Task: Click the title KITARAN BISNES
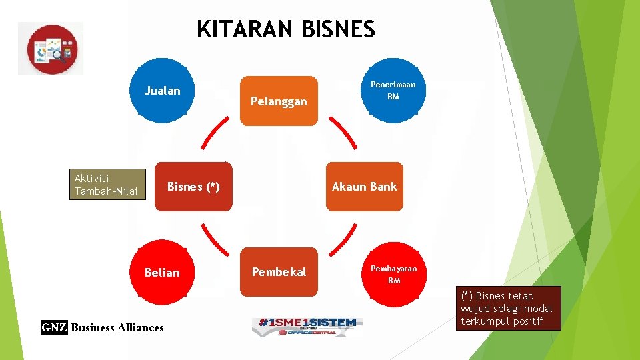click(286, 29)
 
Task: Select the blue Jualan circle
click(162, 91)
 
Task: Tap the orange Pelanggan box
click(279, 101)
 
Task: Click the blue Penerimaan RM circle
click(393, 91)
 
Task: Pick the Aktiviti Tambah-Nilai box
click(107, 185)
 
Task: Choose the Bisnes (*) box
click(193, 187)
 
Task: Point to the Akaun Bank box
click(364, 187)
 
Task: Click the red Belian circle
click(162, 272)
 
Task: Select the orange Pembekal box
click(279, 271)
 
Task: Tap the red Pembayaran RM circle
click(393, 273)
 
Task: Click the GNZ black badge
click(54, 327)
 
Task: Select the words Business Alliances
click(117, 327)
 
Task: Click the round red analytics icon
click(52, 49)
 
